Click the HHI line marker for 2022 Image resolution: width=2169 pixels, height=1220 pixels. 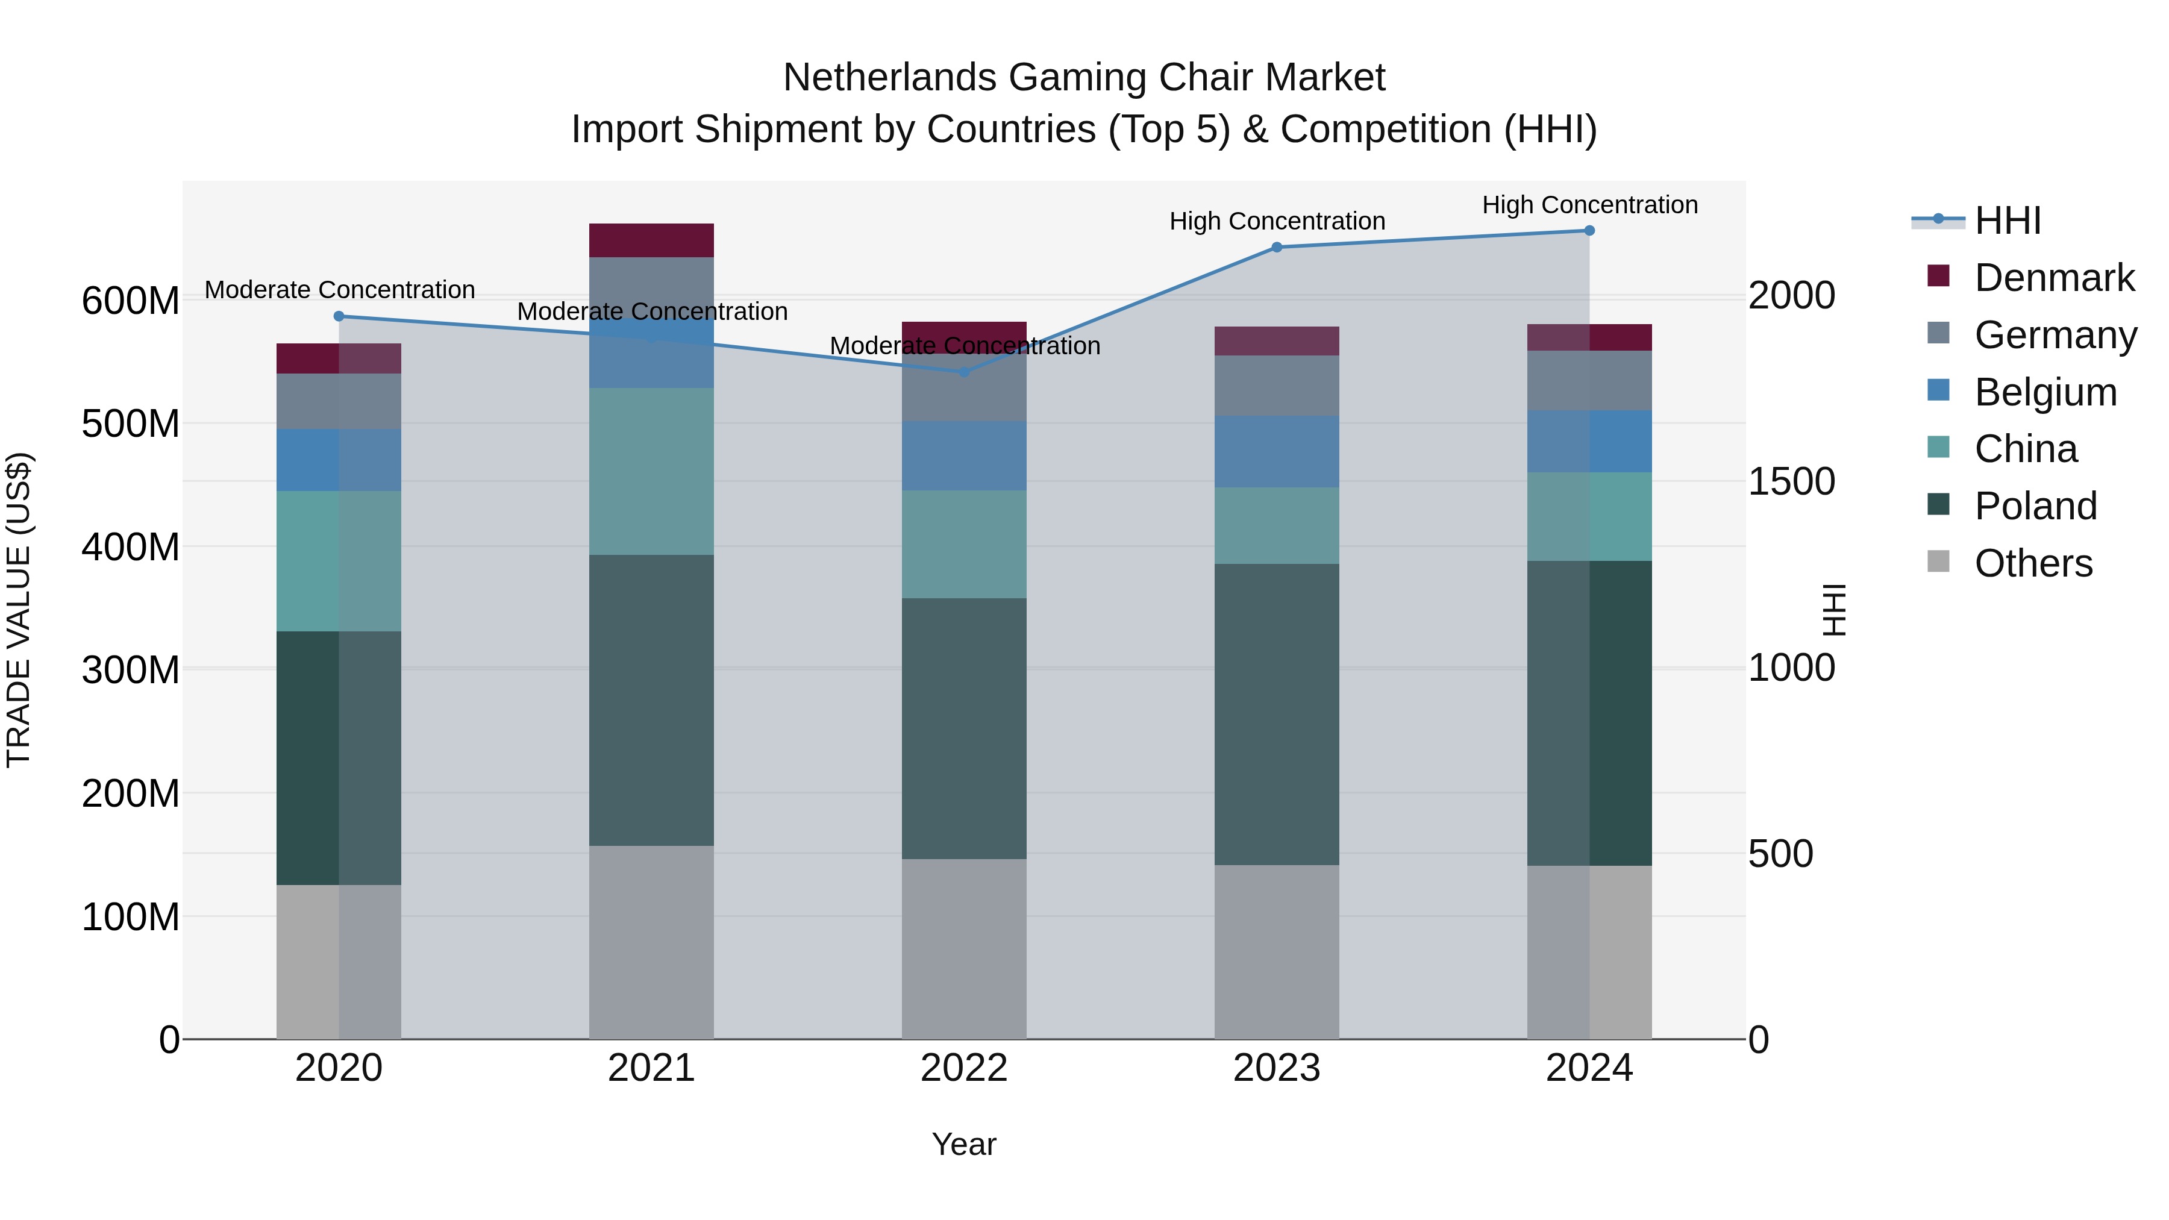click(x=964, y=371)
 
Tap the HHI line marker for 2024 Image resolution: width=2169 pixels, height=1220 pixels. click(x=1589, y=231)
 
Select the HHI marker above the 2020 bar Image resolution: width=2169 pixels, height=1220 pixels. click(x=339, y=316)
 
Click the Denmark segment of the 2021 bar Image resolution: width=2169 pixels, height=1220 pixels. click(x=651, y=240)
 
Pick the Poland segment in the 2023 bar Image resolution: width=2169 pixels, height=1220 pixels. click(x=1277, y=714)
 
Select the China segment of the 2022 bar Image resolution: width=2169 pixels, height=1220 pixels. click(x=964, y=544)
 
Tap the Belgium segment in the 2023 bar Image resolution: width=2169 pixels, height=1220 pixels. click(x=1277, y=451)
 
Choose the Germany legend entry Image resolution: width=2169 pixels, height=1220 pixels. click(x=2055, y=335)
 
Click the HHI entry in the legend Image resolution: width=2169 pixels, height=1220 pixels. click(x=2008, y=221)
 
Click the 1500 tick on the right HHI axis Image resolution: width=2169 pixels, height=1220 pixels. click(x=1792, y=481)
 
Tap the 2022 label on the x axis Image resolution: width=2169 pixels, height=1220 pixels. click(x=964, y=1068)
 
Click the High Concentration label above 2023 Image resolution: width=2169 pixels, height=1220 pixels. click(x=1277, y=222)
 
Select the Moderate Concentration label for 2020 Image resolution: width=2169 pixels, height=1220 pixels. click(x=339, y=290)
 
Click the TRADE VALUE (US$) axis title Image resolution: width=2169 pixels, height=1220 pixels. click(x=19, y=610)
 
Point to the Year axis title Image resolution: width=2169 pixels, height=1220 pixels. click(x=964, y=1144)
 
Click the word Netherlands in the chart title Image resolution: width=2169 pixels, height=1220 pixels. click(x=891, y=78)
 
